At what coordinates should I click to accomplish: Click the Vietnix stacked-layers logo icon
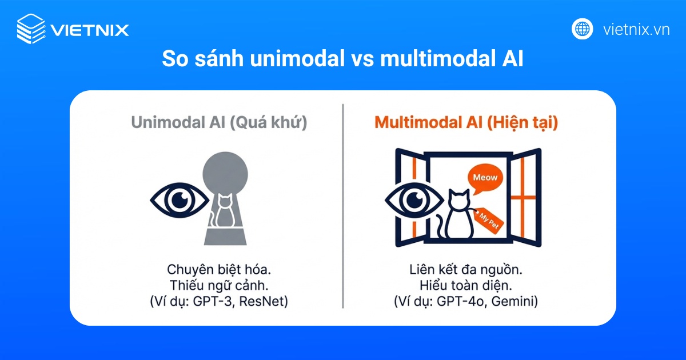[30, 29]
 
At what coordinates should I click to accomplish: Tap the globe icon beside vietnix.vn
[583, 29]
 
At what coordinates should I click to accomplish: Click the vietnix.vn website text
[636, 29]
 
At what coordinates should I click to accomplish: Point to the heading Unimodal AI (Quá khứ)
[219, 123]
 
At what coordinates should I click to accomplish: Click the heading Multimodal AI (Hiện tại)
[466, 123]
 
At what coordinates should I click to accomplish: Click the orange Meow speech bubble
[485, 178]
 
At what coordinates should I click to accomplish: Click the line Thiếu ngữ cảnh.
[219, 285]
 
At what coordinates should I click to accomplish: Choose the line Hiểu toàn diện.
[466, 285]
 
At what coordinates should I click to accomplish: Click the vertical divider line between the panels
[343, 206]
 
